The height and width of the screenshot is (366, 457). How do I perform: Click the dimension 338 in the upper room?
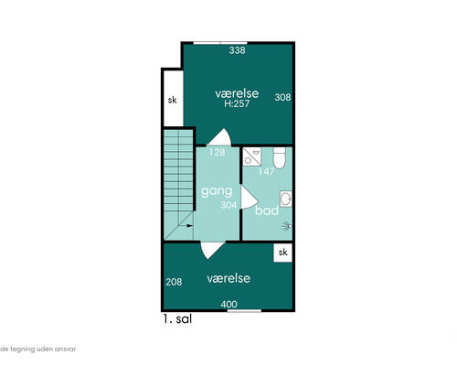point(237,50)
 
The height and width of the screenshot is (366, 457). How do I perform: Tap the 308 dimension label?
point(282,97)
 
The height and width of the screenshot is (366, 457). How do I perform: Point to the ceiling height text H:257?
point(237,103)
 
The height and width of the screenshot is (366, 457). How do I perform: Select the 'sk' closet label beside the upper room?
point(173,100)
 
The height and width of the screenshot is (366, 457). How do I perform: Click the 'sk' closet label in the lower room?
point(283,253)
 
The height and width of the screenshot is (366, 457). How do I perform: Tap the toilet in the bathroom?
point(279,157)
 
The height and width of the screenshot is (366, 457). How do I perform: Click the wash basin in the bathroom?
point(286,199)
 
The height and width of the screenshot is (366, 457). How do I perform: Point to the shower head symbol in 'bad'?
point(287,226)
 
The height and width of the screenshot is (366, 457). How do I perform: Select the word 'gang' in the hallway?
point(217,191)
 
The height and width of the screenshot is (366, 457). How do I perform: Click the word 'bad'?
point(267,210)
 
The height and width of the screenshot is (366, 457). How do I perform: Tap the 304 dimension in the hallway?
point(228,205)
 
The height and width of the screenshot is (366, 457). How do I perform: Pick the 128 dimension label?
point(217,152)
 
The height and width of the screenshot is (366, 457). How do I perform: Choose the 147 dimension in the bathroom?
point(266,172)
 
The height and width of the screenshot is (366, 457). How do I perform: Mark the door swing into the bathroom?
point(250,198)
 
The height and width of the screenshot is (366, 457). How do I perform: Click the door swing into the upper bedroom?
point(220,137)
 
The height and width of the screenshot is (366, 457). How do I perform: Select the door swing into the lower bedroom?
point(212,250)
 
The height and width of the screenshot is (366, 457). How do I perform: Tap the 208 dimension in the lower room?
point(174,282)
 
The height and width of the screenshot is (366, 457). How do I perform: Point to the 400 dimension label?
point(229,304)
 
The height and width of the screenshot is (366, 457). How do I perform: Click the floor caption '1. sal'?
point(177,319)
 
